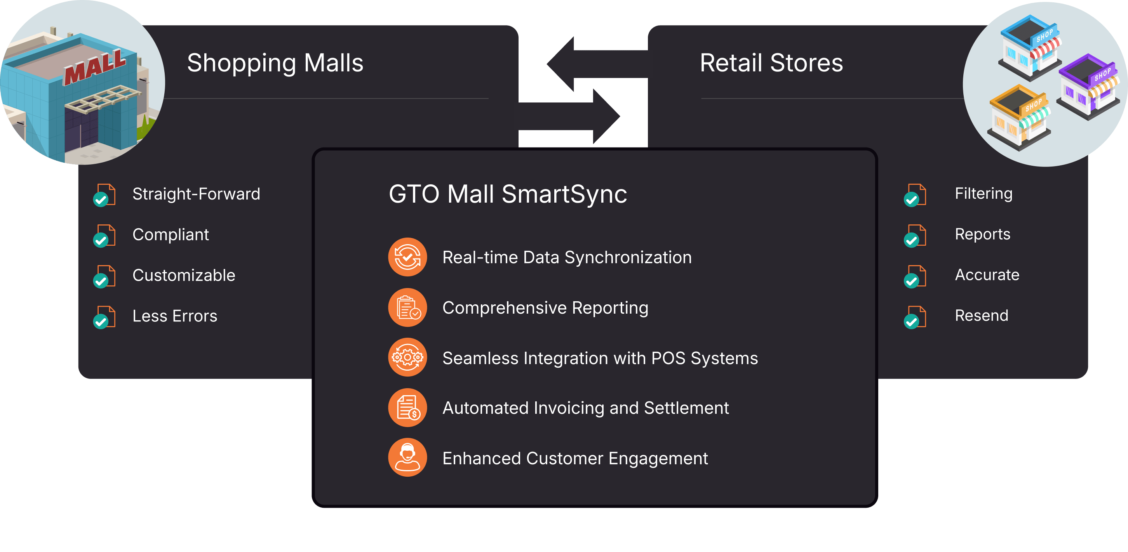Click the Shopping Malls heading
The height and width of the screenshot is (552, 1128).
click(x=275, y=63)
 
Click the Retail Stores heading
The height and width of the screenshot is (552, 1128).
click(x=771, y=63)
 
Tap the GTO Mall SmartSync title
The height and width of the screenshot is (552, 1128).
click(x=508, y=194)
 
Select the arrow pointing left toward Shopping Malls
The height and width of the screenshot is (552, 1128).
click(x=598, y=64)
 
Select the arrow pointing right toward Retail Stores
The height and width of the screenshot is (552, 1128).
click(x=569, y=116)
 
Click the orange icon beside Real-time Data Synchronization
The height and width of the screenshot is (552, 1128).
click(x=407, y=257)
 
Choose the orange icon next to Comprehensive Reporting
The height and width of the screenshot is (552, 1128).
click(x=407, y=307)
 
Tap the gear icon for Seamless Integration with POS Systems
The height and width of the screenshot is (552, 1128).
click(x=407, y=357)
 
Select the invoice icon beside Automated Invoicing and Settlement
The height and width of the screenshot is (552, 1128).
click(x=407, y=408)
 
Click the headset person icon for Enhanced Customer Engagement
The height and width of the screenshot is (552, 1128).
click(x=407, y=457)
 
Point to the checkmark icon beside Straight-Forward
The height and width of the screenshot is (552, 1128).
click(x=104, y=195)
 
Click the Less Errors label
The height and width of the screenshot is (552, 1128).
click(x=175, y=316)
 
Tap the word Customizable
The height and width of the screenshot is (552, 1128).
click(x=184, y=275)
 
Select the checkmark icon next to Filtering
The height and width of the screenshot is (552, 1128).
click(x=915, y=195)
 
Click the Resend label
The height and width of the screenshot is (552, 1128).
click(x=981, y=316)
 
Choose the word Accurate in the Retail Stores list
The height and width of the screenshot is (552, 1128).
click(x=987, y=275)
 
